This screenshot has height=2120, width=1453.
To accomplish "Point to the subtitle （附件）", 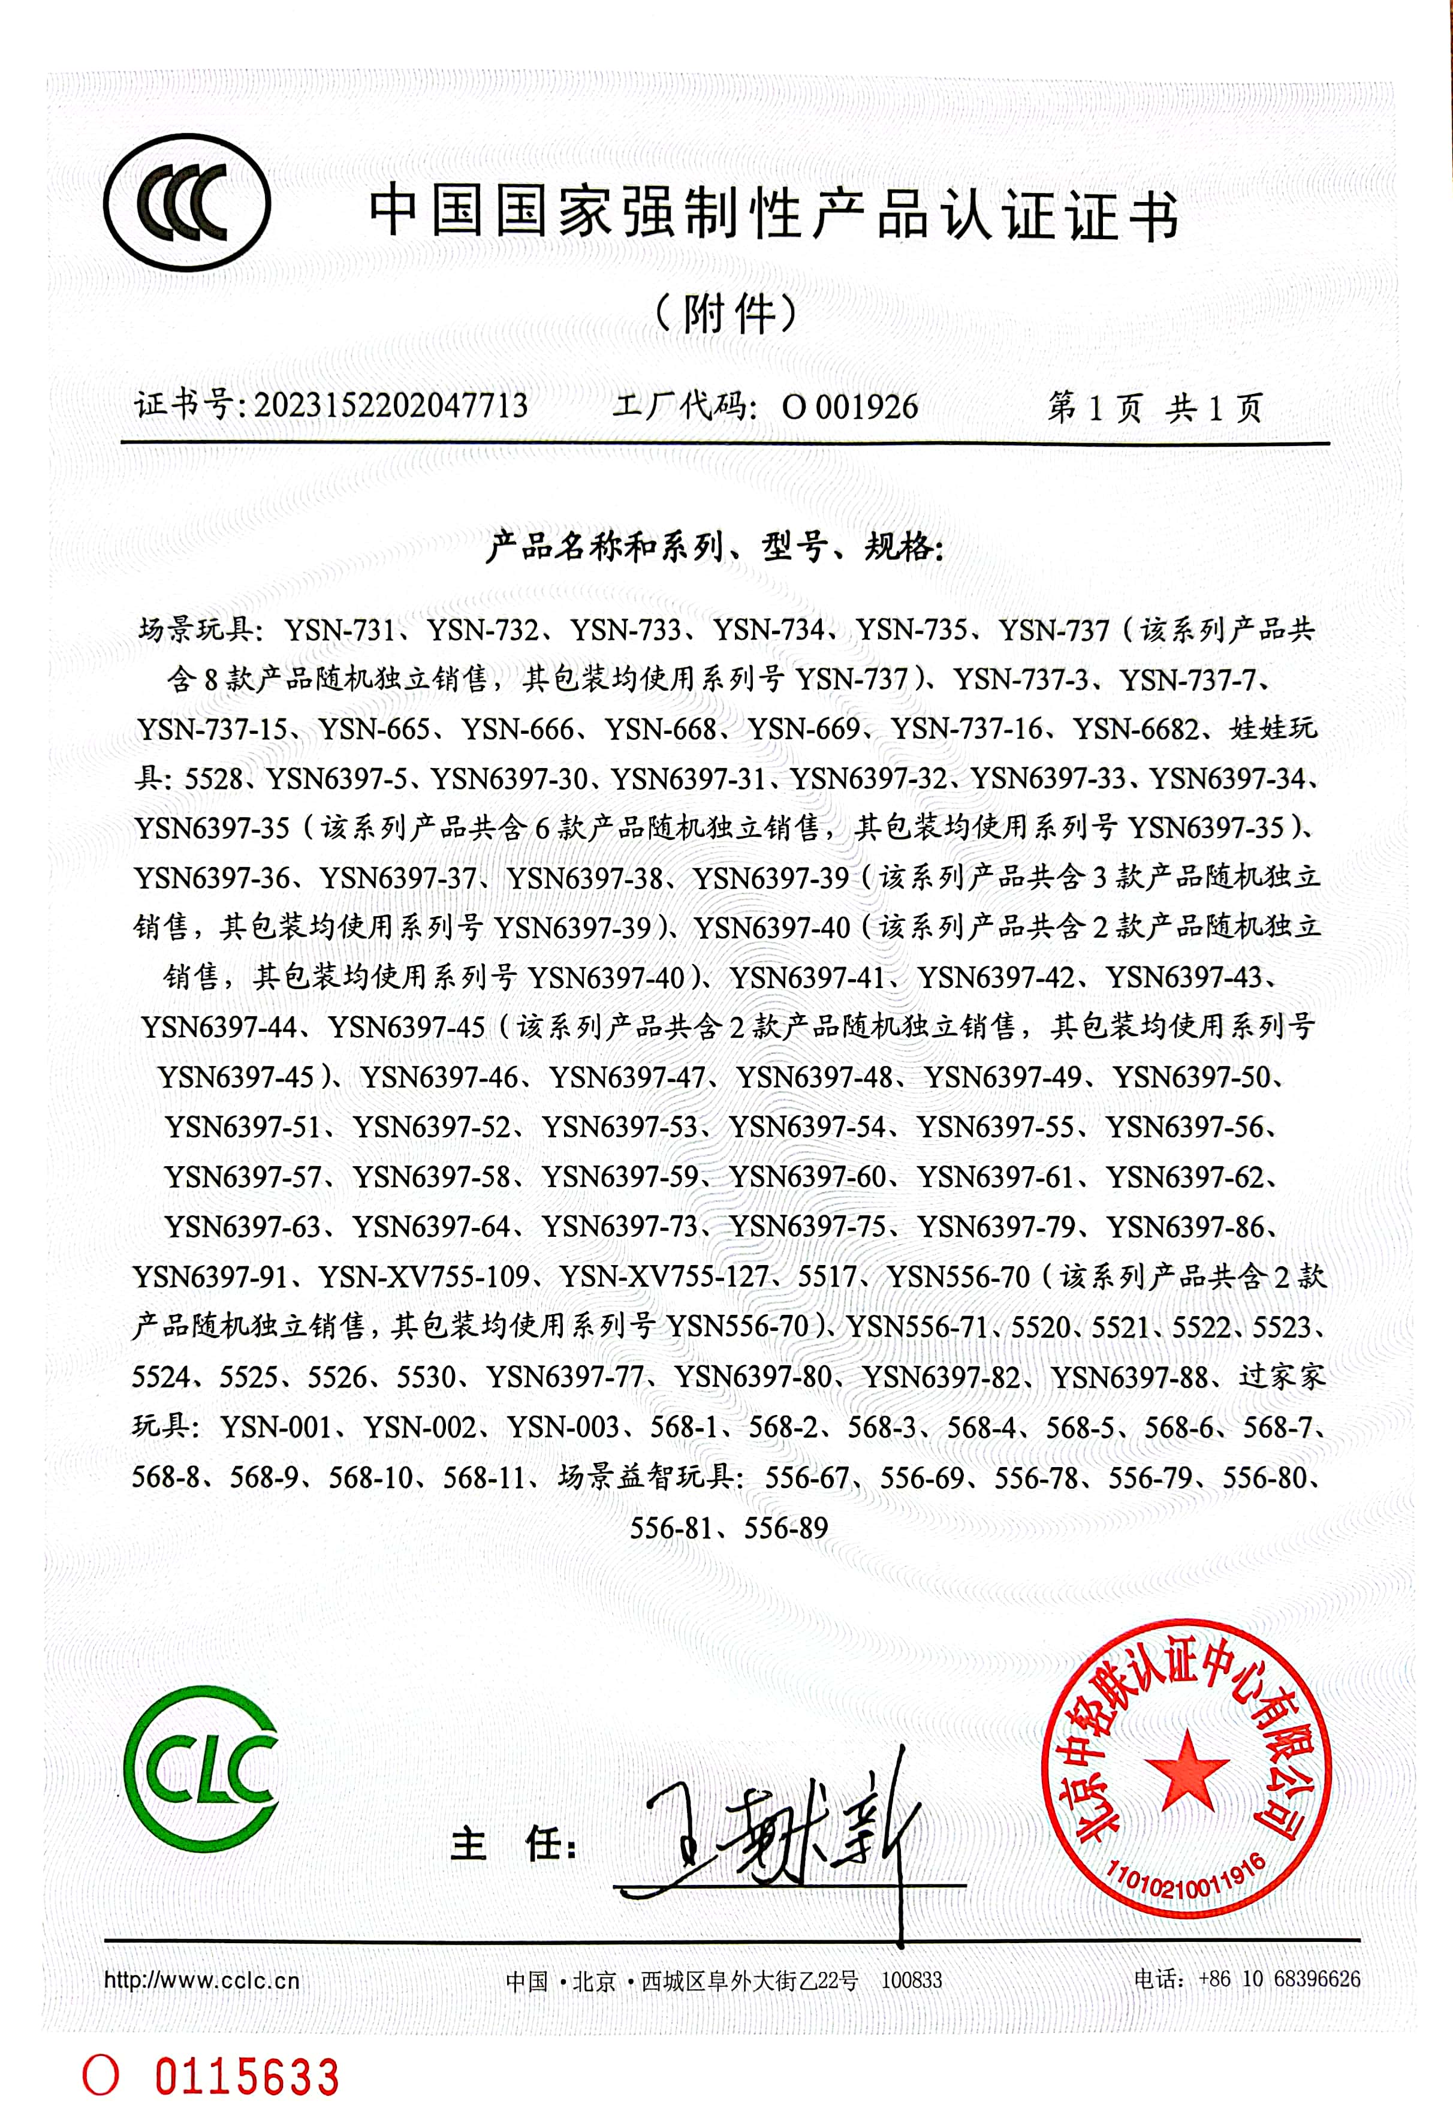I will (726, 314).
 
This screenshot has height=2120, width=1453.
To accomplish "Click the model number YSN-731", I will (339, 630).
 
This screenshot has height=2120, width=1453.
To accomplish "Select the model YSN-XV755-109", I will (424, 1276).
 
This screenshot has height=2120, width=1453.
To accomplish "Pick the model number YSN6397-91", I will (211, 1276).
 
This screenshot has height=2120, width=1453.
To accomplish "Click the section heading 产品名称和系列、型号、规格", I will (714, 547).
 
